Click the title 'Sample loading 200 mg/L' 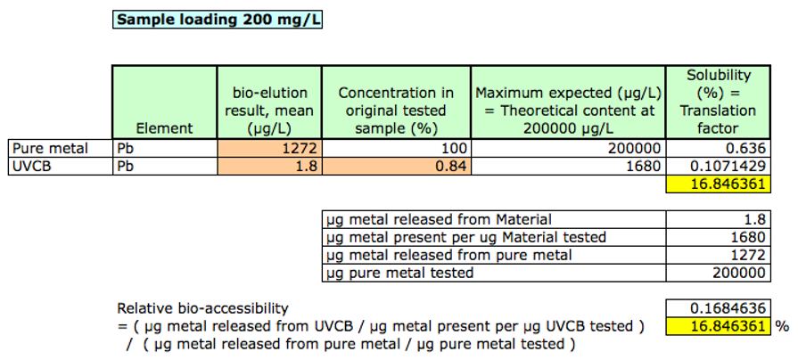218,19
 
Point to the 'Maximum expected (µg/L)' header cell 567,110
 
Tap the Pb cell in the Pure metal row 126,148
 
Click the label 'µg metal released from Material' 439,219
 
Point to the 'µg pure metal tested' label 400,273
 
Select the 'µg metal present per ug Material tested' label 465,237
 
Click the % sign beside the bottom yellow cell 783,326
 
